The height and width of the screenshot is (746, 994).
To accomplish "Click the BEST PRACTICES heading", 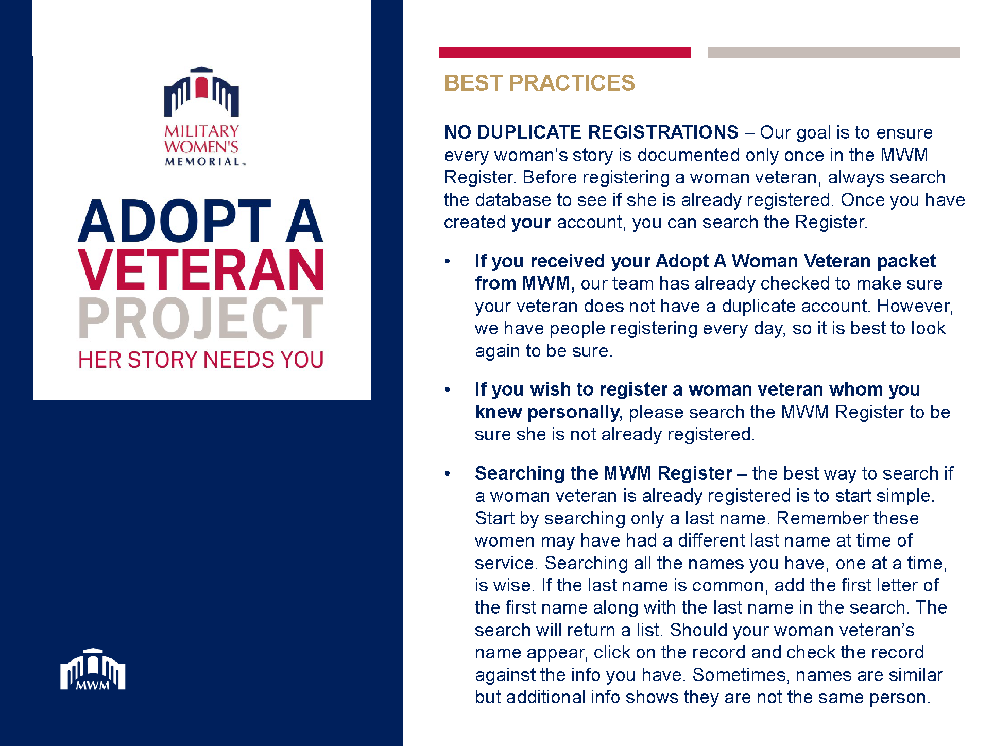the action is (539, 83).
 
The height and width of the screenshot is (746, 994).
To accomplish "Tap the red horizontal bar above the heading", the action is (564, 53).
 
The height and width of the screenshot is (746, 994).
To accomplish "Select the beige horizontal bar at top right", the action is (833, 53).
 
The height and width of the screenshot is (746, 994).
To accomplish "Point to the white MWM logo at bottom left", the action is (93, 669).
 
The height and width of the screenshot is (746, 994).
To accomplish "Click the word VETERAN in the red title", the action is (201, 269).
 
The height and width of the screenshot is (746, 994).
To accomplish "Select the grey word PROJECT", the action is (201, 318).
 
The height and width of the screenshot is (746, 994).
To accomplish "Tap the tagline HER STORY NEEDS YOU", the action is (201, 360).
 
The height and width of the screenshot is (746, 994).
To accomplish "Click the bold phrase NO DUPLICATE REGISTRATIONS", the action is (591, 132).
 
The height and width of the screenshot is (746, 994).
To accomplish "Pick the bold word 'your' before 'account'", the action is (531, 223).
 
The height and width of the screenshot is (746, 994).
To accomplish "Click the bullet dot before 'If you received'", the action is (448, 262).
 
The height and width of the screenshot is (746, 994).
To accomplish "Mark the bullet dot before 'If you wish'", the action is (448, 390).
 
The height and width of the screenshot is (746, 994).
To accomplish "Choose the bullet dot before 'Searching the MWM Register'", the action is (448, 473).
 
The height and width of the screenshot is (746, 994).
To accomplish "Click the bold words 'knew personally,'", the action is (549, 412).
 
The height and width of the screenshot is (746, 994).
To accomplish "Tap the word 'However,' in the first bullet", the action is (915, 306).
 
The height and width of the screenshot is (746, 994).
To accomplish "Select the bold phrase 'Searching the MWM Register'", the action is (603, 473).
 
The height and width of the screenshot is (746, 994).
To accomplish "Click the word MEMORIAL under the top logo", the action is (202, 162).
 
